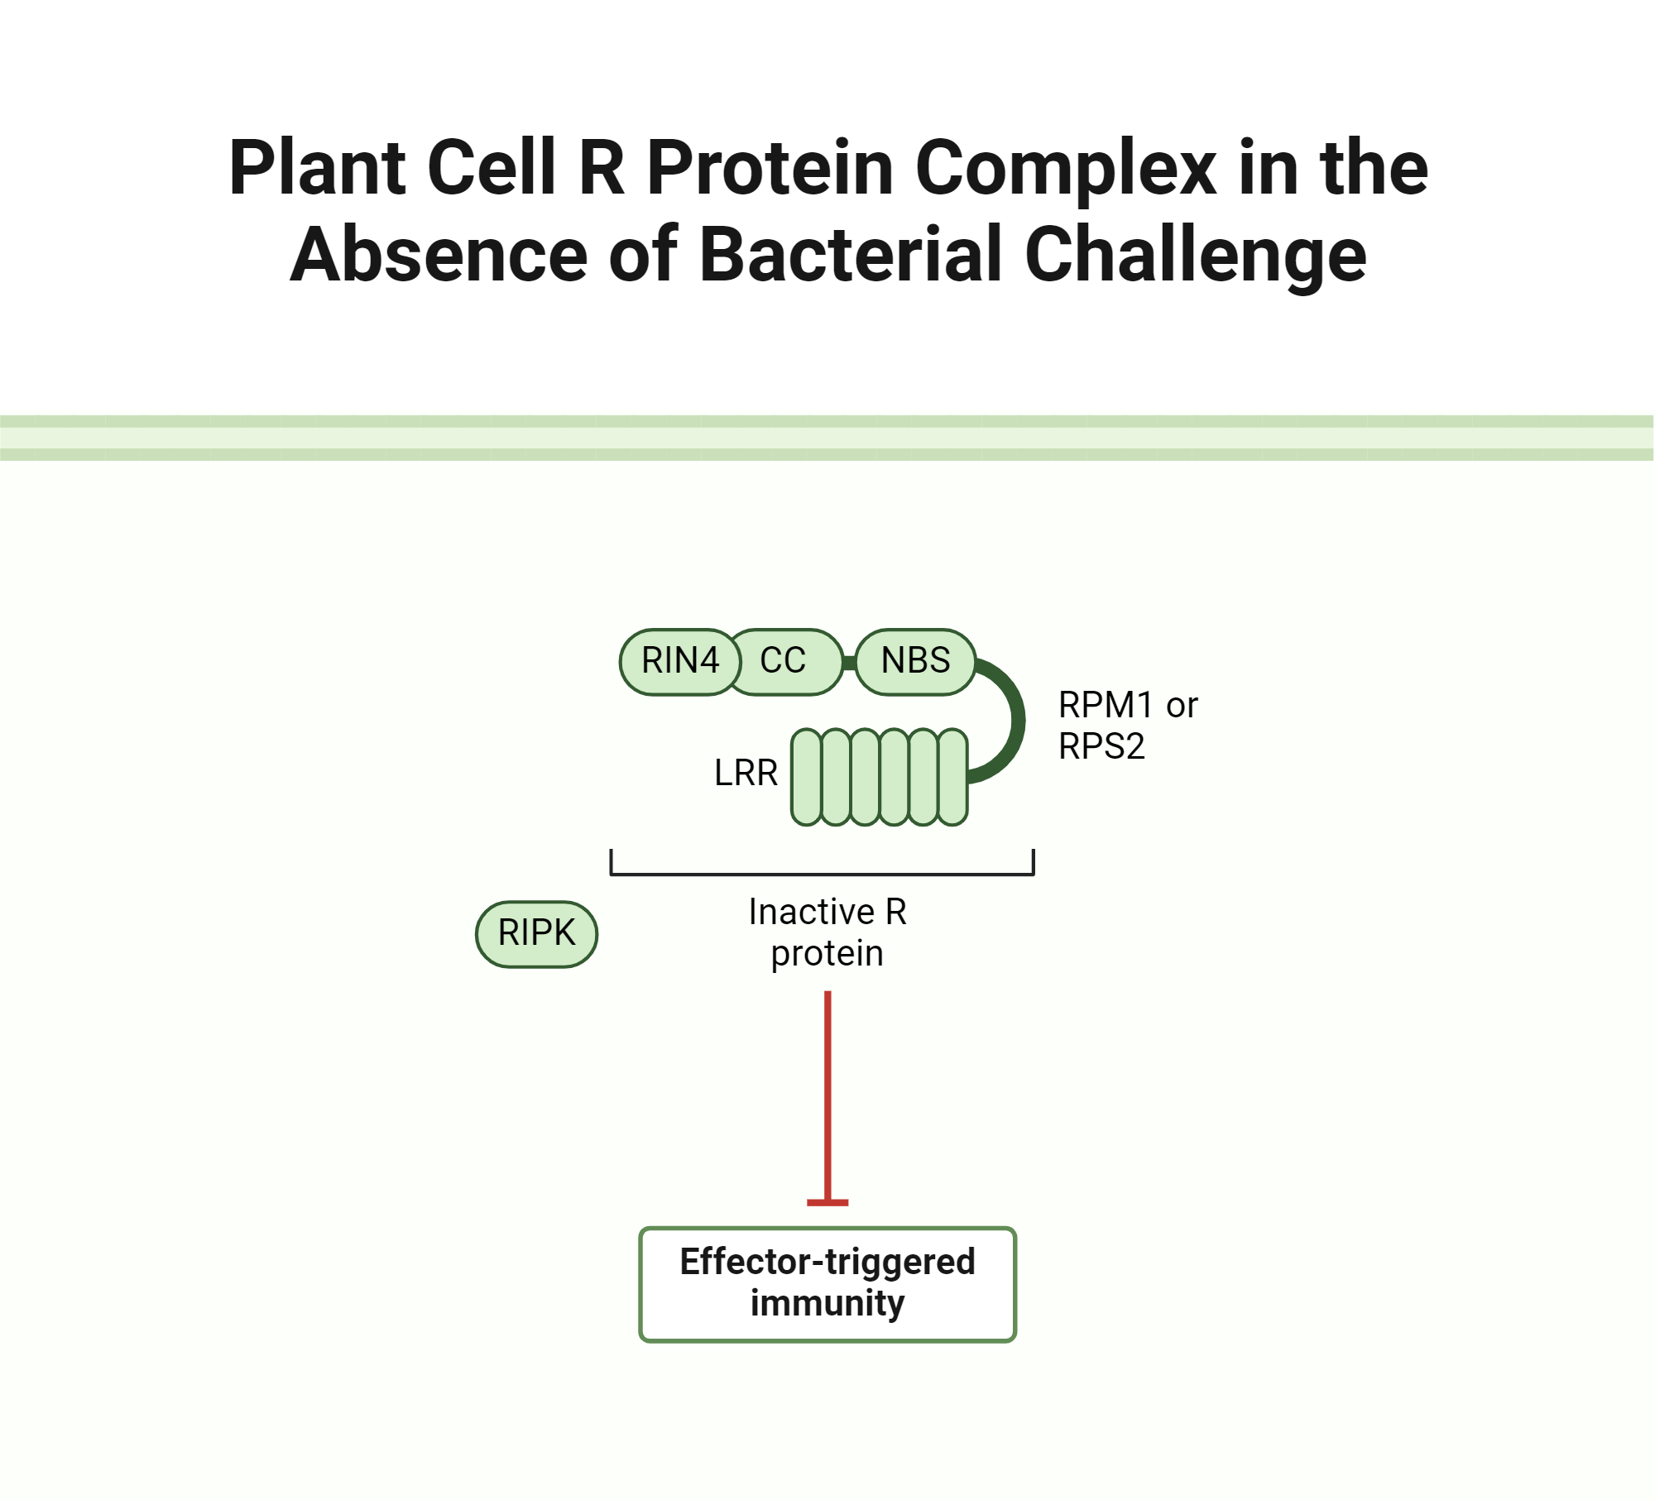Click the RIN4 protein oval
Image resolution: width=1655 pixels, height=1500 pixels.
(679, 661)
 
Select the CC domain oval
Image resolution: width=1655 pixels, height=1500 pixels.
(784, 661)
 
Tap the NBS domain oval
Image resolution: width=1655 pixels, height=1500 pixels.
(915, 661)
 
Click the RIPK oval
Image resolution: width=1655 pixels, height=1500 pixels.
(536, 933)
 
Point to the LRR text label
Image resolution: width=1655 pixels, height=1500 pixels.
(746, 773)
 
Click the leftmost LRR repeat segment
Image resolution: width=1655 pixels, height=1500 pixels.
(806, 777)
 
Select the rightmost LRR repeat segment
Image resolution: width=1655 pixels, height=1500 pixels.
(953, 777)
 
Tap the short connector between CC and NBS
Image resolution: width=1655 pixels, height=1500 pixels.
(849, 663)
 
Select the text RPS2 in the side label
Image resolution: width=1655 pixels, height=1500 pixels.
(1101, 746)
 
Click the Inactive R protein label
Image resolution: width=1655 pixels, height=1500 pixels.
(827, 932)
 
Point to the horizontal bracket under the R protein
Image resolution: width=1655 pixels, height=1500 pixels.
(822, 874)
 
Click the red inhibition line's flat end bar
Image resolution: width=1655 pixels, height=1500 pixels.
(827, 1202)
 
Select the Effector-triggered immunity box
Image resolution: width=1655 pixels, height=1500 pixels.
(827, 1283)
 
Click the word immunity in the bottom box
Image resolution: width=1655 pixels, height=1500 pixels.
(827, 1303)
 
